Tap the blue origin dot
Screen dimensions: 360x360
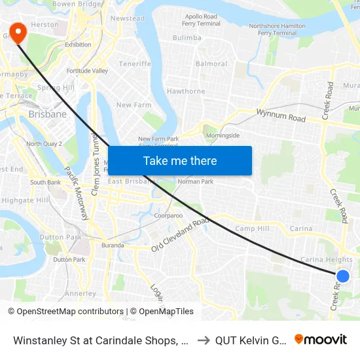coord(342,276)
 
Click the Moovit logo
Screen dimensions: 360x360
coord(321,339)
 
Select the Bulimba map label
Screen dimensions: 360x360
coord(187,38)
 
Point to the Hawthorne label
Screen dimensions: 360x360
coord(186,91)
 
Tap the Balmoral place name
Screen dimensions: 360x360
coord(211,64)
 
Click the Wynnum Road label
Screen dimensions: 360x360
coord(281,116)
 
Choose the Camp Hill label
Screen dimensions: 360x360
coord(252,229)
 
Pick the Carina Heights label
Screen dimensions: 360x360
coord(326,260)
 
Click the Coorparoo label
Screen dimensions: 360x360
coord(168,215)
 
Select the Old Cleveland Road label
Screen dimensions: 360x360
coord(179,235)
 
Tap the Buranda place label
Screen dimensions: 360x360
coord(113,245)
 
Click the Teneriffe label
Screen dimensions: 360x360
coord(135,64)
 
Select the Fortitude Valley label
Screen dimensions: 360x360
coord(86,71)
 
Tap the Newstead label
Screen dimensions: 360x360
coord(128,18)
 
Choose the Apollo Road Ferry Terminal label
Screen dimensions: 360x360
coord(201,20)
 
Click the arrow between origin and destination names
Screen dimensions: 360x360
coord(203,340)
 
